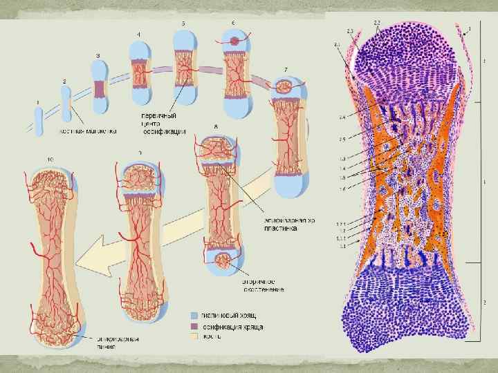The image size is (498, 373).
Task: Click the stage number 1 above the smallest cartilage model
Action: click(38, 102)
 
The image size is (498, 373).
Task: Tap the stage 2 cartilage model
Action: click(67, 104)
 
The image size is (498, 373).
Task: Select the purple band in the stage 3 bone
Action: click(100, 89)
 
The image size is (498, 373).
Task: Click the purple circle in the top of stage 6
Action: click(235, 42)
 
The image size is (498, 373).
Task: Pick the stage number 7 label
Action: click(286, 71)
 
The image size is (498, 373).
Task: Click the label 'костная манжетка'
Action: click(88, 130)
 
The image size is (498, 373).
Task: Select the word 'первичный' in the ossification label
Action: click(156, 115)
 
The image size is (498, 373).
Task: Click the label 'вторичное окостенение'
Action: click(263, 285)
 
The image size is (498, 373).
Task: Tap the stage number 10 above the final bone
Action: click(51, 160)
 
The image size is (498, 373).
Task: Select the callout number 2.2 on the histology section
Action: click(376, 23)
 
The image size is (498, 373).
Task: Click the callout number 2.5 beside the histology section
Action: click(342, 140)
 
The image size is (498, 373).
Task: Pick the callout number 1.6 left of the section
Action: click(342, 189)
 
